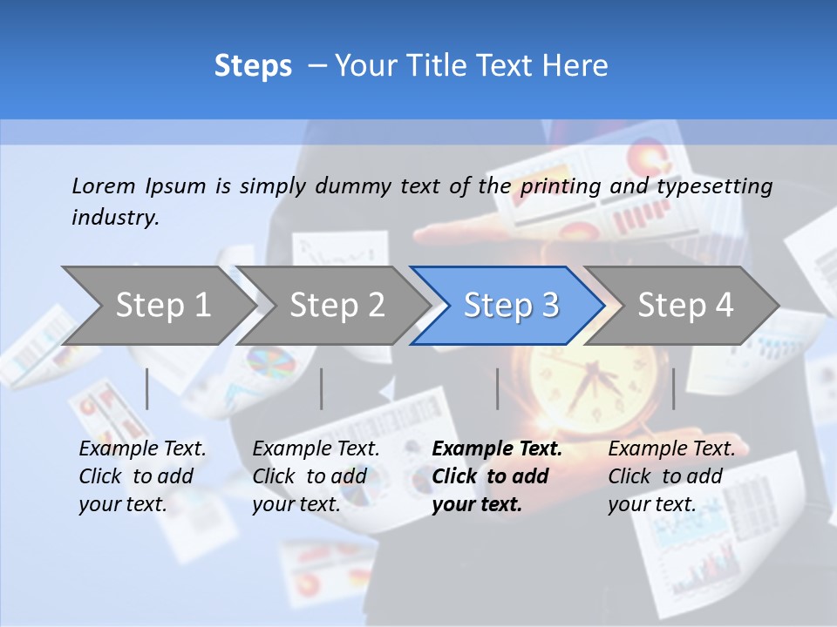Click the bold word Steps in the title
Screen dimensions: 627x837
click(253, 66)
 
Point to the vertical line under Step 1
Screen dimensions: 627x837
click(147, 388)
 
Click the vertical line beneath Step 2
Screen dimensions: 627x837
click(322, 388)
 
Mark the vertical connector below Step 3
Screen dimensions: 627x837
click(497, 388)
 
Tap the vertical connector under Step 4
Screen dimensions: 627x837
click(673, 388)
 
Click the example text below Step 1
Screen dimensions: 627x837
click(142, 476)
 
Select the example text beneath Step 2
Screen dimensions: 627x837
click(316, 476)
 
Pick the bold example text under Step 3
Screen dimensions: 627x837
click(497, 476)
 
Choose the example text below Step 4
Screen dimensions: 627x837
click(671, 476)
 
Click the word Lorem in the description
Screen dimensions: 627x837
click(103, 185)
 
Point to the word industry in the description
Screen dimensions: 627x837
click(114, 218)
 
